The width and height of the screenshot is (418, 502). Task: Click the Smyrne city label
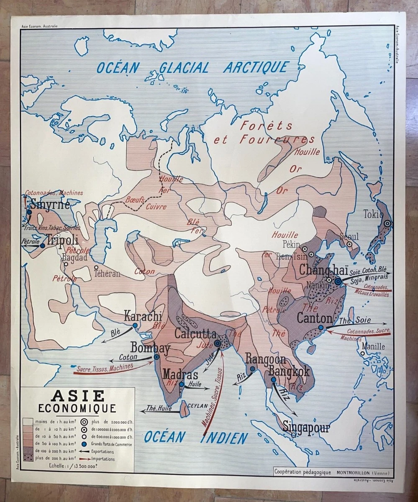pyautogui.click(x=50, y=205)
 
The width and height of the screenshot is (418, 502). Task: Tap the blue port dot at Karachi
pyautogui.click(x=135, y=325)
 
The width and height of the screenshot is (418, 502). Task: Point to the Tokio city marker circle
pyautogui.click(x=388, y=224)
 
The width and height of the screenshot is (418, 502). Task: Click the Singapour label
pyautogui.click(x=306, y=428)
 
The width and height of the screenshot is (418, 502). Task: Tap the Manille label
pyautogui.click(x=373, y=346)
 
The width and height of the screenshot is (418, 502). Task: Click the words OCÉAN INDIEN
pyautogui.click(x=196, y=438)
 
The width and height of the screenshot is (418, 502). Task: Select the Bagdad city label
pyautogui.click(x=74, y=258)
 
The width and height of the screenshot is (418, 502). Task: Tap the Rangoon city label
pyautogui.click(x=266, y=359)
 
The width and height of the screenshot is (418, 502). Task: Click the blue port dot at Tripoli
pyautogui.click(x=42, y=246)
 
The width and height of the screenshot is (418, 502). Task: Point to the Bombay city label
pyautogui.click(x=150, y=348)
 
